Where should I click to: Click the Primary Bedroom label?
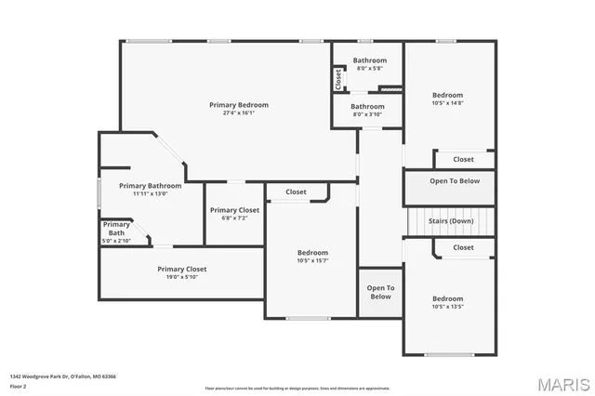pos(239,105)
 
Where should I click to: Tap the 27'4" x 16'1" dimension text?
pos(239,113)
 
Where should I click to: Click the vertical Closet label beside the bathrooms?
pos(338,81)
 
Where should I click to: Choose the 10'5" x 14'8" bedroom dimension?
pos(447,103)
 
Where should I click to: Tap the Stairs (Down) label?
pos(451,221)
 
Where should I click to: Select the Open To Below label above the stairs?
pos(455,181)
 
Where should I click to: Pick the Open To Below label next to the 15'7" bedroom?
pos(380,292)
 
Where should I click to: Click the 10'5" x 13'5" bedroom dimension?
pos(447,307)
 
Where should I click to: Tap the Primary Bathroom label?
pos(150,186)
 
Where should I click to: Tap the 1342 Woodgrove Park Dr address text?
pos(62,376)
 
